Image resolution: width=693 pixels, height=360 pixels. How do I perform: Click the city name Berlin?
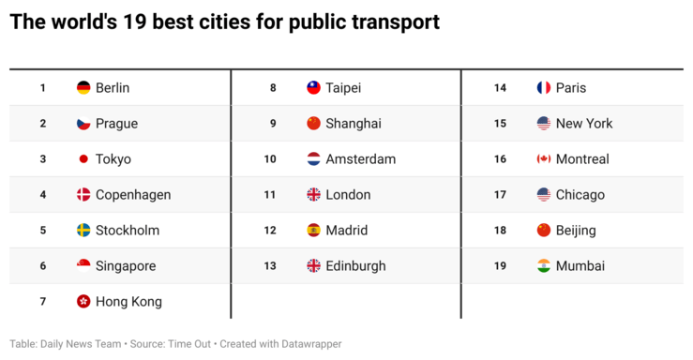click(113, 88)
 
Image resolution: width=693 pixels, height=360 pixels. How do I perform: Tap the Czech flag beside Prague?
click(83, 124)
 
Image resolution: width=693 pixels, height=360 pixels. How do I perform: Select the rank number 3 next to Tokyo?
click(43, 159)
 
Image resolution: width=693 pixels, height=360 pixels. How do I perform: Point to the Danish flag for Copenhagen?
click(83, 195)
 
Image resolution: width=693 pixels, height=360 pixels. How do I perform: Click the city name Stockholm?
click(128, 231)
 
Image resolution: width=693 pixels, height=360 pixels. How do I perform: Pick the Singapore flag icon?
click(83, 266)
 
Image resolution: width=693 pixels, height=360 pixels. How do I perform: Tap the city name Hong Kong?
click(128, 302)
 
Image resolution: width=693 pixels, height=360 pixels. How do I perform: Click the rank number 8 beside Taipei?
click(273, 88)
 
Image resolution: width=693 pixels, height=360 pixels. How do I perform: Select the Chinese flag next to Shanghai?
click(314, 124)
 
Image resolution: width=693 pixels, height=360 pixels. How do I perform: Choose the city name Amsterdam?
click(361, 159)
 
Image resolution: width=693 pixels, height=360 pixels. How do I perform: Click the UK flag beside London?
click(314, 195)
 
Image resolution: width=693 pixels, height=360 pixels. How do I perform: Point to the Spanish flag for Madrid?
click(314, 231)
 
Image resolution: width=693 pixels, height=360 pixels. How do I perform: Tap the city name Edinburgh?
click(355, 266)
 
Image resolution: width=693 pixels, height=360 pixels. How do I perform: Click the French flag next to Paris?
click(544, 88)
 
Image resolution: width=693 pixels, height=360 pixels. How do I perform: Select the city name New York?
click(584, 124)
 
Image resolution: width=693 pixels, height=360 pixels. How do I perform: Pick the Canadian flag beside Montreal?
click(544, 159)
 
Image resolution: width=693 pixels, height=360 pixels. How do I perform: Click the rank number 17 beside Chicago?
click(501, 195)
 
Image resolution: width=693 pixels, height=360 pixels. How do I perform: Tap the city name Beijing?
click(576, 231)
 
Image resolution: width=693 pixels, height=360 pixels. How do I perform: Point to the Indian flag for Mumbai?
click(544, 266)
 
